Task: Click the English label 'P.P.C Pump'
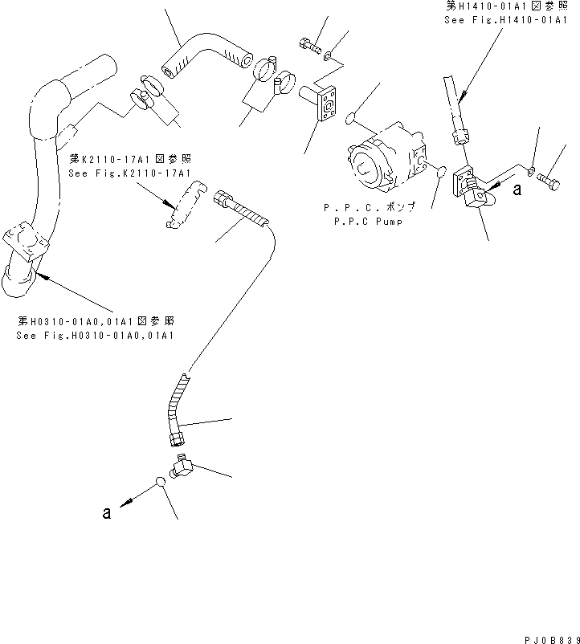coord(370,221)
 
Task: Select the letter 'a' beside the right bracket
coord(517,190)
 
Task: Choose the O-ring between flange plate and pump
coord(350,120)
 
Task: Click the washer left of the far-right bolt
coord(530,169)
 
